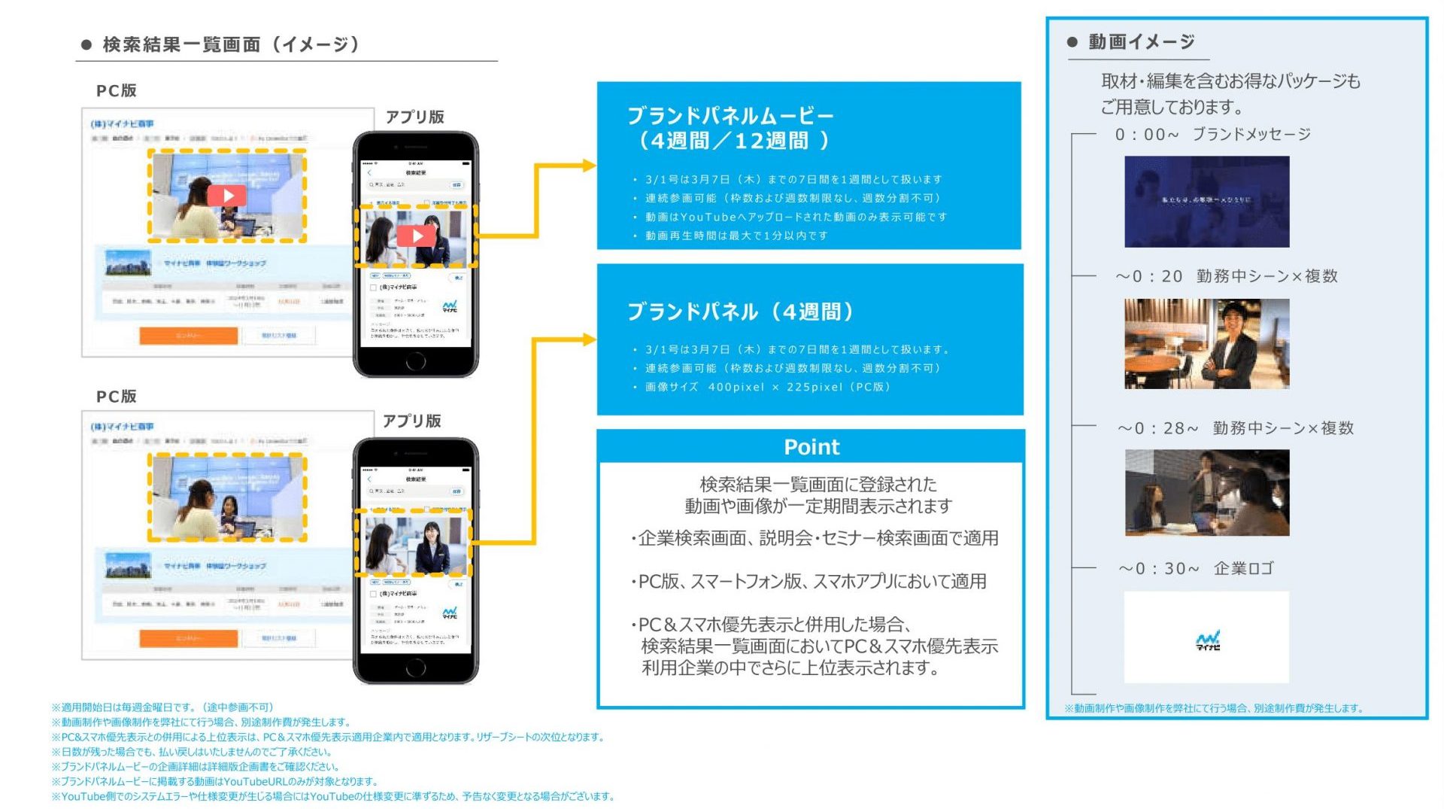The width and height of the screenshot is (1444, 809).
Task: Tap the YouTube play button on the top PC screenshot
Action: [228, 196]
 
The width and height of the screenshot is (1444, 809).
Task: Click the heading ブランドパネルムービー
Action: [730, 117]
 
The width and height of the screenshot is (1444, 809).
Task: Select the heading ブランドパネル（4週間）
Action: [740, 312]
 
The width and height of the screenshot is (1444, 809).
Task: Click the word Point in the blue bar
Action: [811, 447]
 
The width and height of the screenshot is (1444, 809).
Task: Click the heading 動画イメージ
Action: [1141, 42]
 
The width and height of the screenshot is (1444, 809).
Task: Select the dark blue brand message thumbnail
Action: [1206, 202]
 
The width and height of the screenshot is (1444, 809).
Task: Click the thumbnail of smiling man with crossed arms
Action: [1206, 344]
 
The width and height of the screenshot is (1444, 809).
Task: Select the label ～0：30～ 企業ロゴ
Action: [1196, 569]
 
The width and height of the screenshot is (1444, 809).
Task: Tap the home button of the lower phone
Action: [416, 668]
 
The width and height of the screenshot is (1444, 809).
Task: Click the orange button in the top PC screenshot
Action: [189, 335]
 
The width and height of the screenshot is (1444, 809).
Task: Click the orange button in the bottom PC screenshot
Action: [189, 638]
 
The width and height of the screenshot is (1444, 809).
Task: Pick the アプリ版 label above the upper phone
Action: [414, 117]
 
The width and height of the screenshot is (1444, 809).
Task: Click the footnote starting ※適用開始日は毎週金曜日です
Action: [162, 707]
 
